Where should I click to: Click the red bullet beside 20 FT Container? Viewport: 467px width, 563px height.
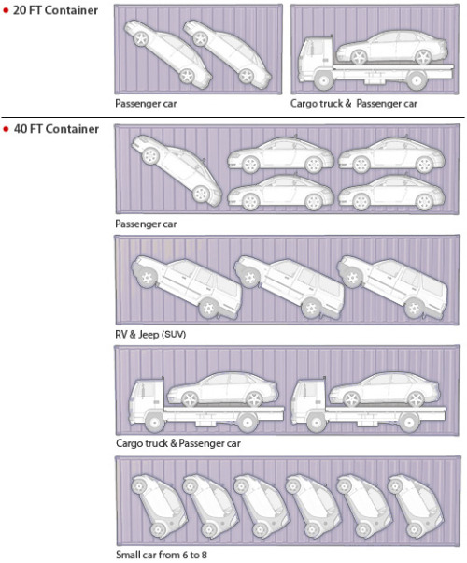click(x=6, y=10)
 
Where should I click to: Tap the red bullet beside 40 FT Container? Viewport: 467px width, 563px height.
click(x=6, y=129)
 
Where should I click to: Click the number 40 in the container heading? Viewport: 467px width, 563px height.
click(x=20, y=129)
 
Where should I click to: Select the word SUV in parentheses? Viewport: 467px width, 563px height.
click(x=174, y=335)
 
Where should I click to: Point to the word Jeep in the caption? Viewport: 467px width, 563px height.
click(x=149, y=335)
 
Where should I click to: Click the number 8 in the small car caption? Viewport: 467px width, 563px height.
click(x=204, y=555)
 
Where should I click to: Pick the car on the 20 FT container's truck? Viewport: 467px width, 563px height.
click(x=391, y=48)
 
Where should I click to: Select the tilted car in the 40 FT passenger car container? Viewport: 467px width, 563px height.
click(x=177, y=170)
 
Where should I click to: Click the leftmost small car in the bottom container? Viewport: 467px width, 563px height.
click(x=158, y=506)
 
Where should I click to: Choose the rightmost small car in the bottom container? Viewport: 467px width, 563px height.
click(x=416, y=506)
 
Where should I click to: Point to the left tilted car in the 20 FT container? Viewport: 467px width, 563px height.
click(x=167, y=54)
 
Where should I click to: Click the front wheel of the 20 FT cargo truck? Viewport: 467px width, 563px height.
click(x=324, y=81)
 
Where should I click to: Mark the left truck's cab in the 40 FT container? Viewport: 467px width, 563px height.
click(x=147, y=401)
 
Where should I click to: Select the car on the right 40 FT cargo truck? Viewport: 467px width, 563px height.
click(x=384, y=389)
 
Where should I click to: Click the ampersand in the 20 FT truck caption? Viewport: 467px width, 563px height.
click(x=348, y=104)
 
